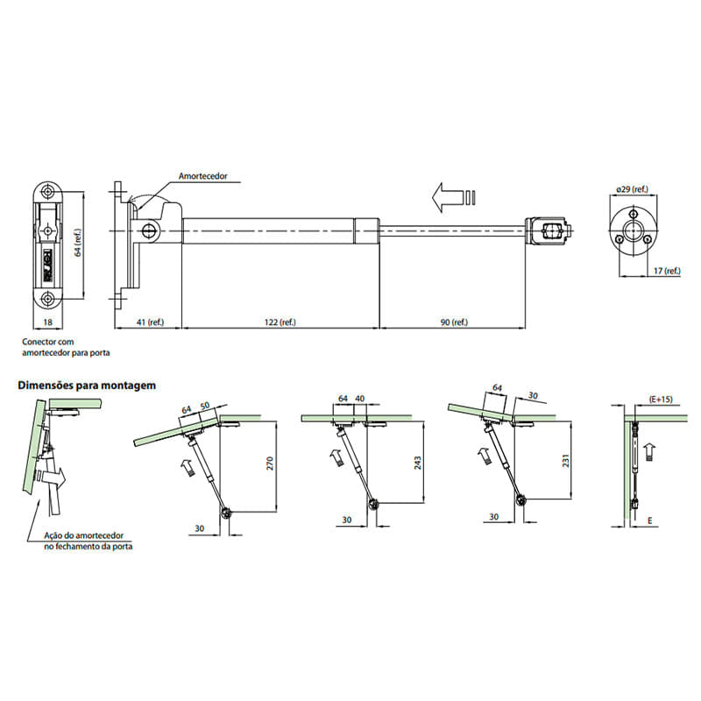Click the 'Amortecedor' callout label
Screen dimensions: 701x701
coord(203,176)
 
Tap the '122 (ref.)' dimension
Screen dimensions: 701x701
coord(280,322)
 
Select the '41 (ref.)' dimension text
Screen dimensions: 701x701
coord(150,322)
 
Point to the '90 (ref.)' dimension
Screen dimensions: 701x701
coord(454,322)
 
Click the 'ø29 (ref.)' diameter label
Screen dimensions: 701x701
coord(632,189)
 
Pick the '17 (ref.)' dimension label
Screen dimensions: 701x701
coord(667,271)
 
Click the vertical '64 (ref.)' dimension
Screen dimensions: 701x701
coord(78,243)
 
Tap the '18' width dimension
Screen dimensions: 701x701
coord(48,322)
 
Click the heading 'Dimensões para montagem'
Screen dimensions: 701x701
coord(87,386)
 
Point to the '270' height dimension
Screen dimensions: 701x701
coord(270,464)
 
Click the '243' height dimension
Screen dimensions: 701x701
coord(417,463)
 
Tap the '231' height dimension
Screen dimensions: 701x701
coord(566,461)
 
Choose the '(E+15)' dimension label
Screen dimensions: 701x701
coord(661,400)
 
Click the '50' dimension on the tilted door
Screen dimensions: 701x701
coord(205,406)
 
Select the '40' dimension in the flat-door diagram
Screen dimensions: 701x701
coord(360,398)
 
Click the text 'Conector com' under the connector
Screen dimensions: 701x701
coord(48,342)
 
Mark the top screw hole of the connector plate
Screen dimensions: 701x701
coord(47,192)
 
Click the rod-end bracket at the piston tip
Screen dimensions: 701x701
coord(549,231)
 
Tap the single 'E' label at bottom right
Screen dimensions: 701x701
coord(650,520)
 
